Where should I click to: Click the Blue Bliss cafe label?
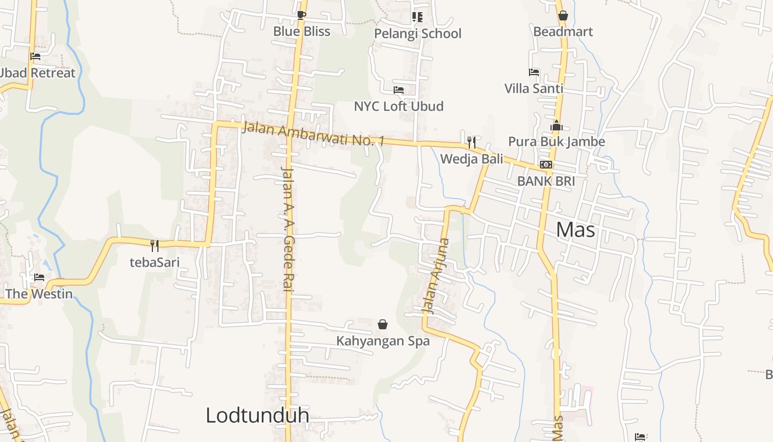click(301, 31)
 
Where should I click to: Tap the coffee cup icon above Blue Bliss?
click(301, 15)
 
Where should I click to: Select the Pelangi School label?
click(417, 34)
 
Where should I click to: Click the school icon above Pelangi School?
click(417, 17)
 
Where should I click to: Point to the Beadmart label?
click(563, 31)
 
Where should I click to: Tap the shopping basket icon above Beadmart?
click(563, 15)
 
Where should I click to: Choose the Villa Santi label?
click(533, 88)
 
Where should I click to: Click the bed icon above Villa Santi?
click(533, 72)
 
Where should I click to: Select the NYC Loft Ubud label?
click(399, 106)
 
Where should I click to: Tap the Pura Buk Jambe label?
click(556, 141)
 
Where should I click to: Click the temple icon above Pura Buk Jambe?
click(556, 125)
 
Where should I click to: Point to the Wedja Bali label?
click(472, 159)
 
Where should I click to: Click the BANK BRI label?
click(546, 181)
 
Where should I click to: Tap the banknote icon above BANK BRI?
click(546, 165)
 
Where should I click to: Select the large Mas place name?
click(575, 229)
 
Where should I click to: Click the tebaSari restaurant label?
click(155, 262)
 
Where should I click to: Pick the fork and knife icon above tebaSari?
click(155, 246)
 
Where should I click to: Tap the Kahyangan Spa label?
click(383, 341)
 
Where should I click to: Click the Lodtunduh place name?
click(257, 415)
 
